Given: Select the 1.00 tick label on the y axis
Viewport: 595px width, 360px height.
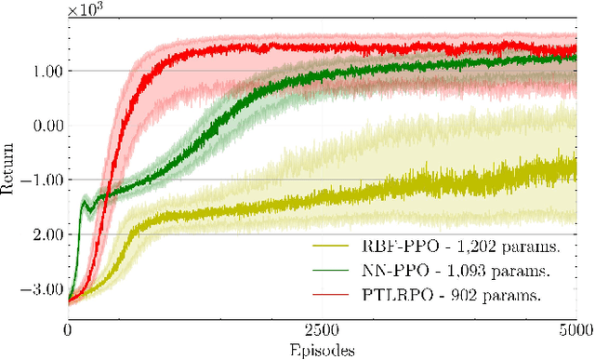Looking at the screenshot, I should (x=46, y=71).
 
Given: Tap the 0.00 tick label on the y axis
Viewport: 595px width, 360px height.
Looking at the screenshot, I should (x=46, y=126).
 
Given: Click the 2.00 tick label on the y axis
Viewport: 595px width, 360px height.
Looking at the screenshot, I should (x=46, y=234).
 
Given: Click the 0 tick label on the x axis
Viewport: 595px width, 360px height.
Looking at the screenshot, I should (x=68, y=330).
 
